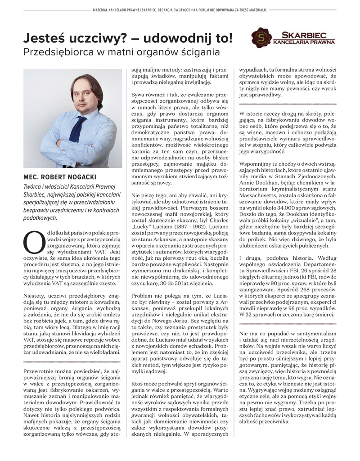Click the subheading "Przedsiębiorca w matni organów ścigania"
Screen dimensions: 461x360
[121, 52]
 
